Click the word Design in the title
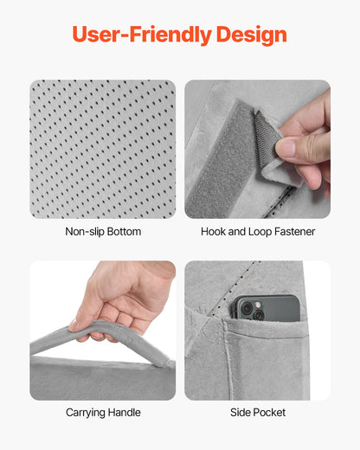[x=252, y=35]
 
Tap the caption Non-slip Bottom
[x=103, y=232]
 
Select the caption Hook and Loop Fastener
[x=258, y=232]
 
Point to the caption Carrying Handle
[x=103, y=413]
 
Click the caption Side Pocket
[x=258, y=413]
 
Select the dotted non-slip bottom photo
[x=103, y=149]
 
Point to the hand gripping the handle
[x=121, y=299]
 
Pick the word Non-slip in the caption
[x=85, y=232]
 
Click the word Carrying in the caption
[x=85, y=413]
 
